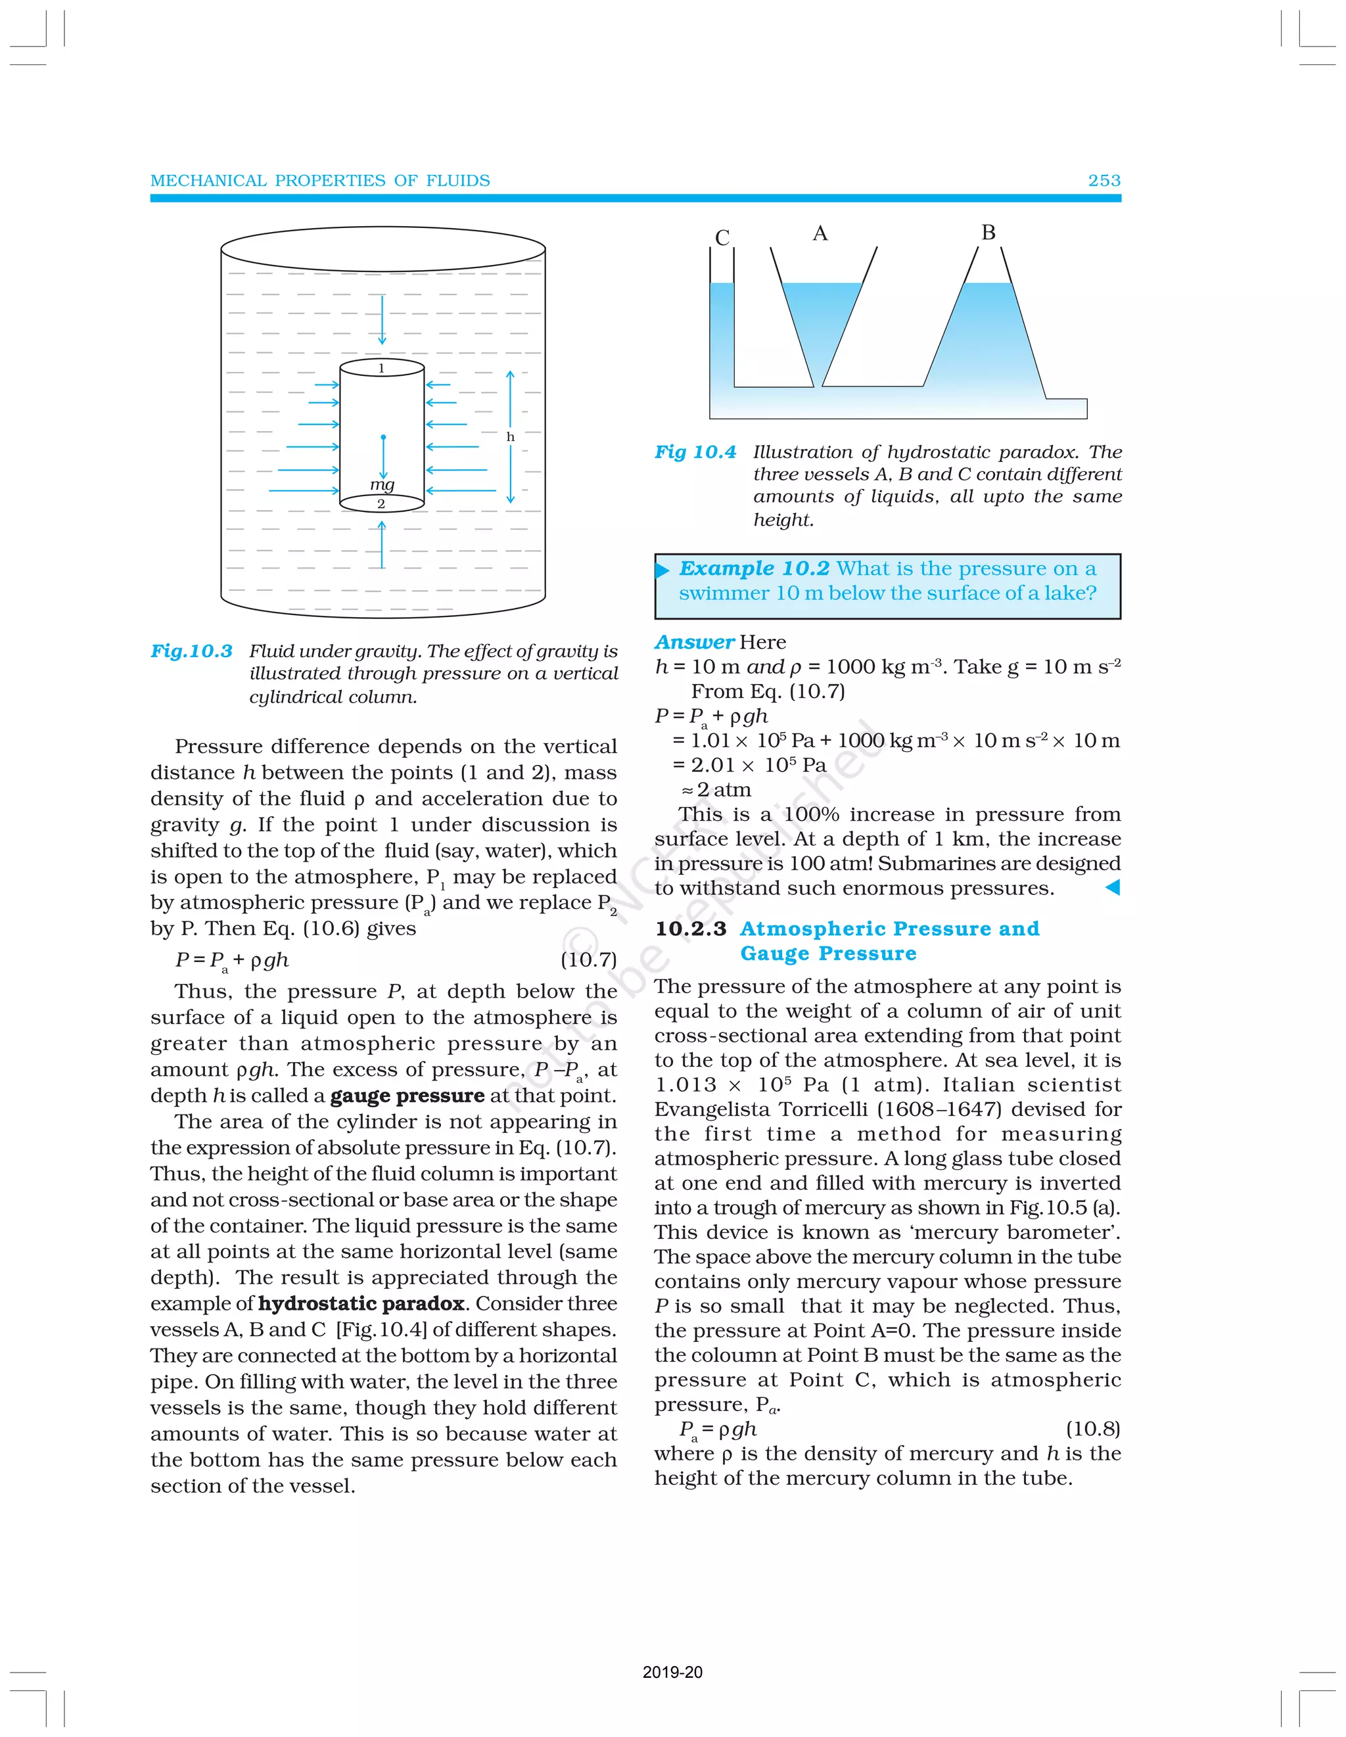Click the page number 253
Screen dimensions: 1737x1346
click(x=1103, y=181)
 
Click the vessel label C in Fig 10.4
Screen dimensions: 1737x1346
click(x=722, y=237)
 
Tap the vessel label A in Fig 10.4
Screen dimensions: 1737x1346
click(x=820, y=233)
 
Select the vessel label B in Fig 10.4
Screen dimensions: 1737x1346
click(x=988, y=232)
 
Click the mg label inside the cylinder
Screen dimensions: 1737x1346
click(x=382, y=484)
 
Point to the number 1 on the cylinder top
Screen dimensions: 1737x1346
click(x=381, y=367)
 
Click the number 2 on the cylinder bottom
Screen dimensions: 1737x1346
click(x=381, y=503)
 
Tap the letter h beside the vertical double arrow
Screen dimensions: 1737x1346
click(x=510, y=436)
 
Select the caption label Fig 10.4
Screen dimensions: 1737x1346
click(x=695, y=452)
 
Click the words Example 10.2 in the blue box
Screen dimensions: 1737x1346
click(x=753, y=568)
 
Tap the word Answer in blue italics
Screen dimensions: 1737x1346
click(x=693, y=642)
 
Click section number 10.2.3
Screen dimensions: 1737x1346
click(x=691, y=928)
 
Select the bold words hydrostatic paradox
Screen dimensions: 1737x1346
click(x=361, y=1303)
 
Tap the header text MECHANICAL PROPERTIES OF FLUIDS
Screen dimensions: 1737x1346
click(x=320, y=181)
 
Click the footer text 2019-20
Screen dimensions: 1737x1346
click(x=672, y=1672)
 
